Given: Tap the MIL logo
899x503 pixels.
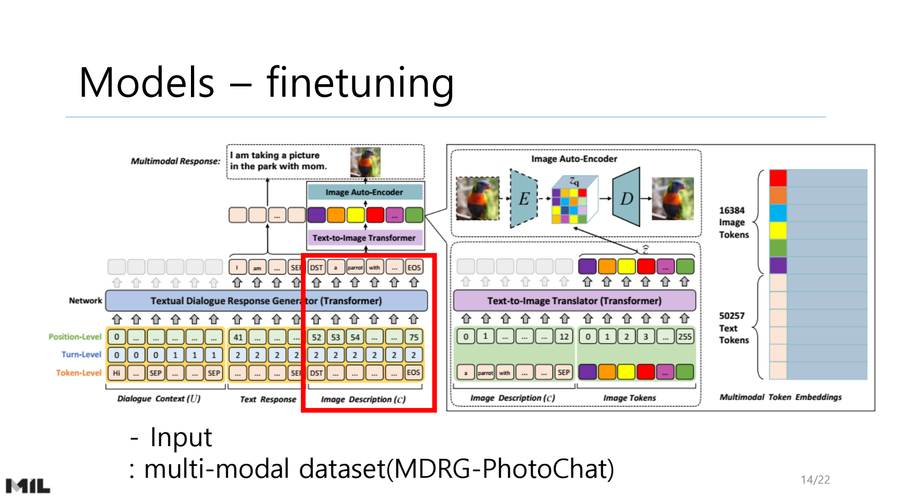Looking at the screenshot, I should [x=28, y=486].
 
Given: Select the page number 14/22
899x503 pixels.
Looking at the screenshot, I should [x=815, y=480].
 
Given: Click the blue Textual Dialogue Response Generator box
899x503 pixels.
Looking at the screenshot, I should [x=266, y=301].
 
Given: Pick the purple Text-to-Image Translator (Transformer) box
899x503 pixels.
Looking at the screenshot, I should [x=574, y=301].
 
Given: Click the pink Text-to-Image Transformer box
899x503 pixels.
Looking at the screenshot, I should [x=364, y=238].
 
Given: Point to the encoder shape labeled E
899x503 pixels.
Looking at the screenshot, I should [x=524, y=199].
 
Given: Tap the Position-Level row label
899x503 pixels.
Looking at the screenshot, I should [x=75, y=337].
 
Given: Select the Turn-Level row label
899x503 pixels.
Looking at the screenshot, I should [x=81, y=354].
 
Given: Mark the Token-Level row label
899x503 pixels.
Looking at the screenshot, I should [x=78, y=373].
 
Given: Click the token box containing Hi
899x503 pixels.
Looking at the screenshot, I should [x=116, y=373].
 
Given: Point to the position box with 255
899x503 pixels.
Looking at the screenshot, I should [x=684, y=337].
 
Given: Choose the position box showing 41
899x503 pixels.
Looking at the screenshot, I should [x=238, y=337].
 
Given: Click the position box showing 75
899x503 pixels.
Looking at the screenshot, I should [x=414, y=337].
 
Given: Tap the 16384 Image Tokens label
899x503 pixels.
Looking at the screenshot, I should [x=734, y=222].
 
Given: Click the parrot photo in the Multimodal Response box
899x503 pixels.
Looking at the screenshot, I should [x=365, y=162].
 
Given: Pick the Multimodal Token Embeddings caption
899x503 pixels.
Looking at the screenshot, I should [x=780, y=397].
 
